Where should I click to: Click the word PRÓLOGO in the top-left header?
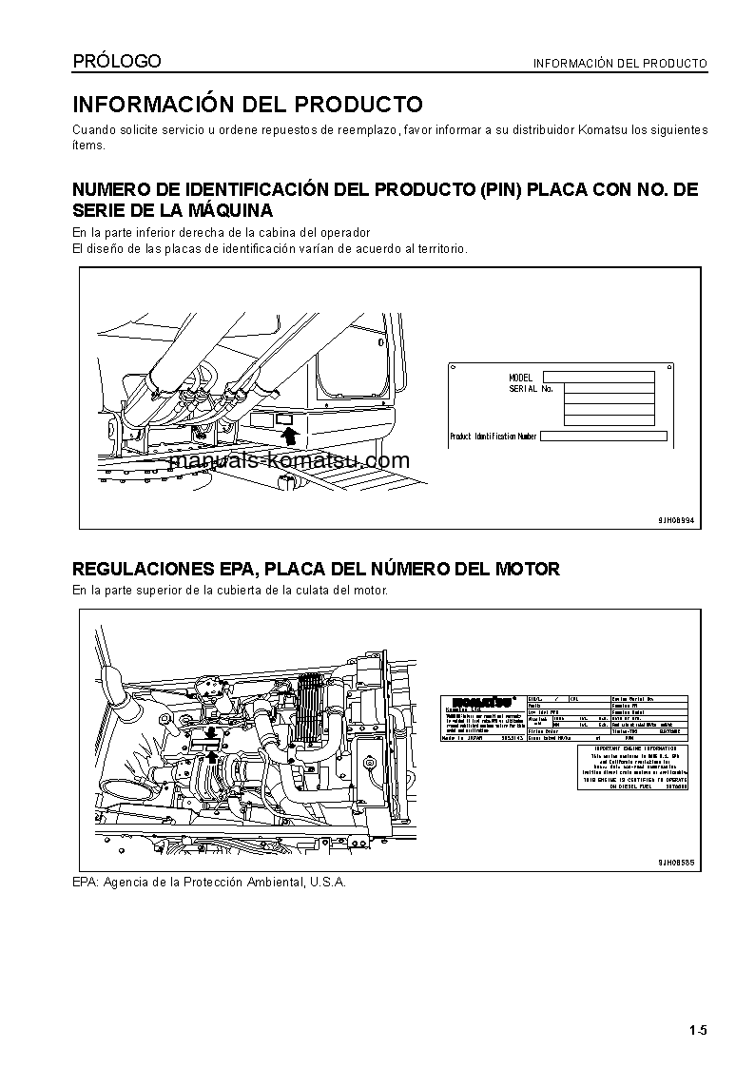[x=117, y=62]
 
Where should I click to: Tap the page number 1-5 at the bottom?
[x=698, y=1030]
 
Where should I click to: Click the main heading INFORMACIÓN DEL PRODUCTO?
[x=247, y=105]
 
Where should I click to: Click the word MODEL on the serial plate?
[x=521, y=378]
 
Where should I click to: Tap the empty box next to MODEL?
[x=599, y=378]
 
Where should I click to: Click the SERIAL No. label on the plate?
[x=531, y=389]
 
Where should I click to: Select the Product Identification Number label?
[x=494, y=437]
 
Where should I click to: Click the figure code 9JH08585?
[x=676, y=862]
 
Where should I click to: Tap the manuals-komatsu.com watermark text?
[x=289, y=461]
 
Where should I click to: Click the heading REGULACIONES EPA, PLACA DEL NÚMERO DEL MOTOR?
[x=317, y=569]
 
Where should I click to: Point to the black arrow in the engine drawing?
[x=211, y=757]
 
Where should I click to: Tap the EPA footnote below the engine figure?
[x=209, y=882]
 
